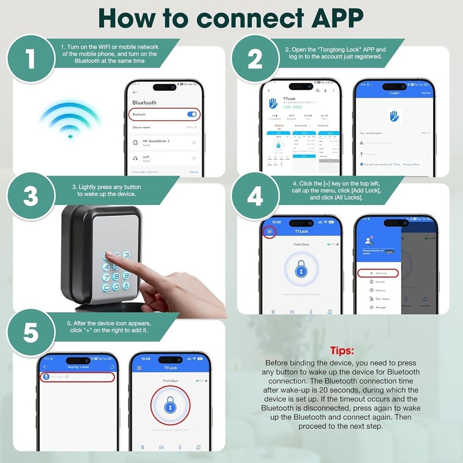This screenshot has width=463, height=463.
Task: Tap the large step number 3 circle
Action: [x=30, y=196]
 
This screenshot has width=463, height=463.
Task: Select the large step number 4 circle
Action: [x=255, y=196]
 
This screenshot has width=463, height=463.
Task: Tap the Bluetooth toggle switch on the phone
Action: [x=191, y=114]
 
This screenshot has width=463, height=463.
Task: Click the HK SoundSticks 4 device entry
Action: [x=164, y=143]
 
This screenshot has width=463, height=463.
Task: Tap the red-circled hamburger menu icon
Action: [x=269, y=231]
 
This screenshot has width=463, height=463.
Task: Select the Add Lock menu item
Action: [x=378, y=273]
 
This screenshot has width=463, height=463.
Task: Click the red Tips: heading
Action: [x=343, y=350]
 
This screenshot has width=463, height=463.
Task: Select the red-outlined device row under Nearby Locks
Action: [x=77, y=377]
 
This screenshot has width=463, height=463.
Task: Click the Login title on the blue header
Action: [x=394, y=93]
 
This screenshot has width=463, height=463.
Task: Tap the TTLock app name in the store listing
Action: [x=289, y=99]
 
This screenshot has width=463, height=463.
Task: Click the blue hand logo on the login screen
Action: [x=394, y=116]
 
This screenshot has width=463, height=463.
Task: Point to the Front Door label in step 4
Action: [x=301, y=244]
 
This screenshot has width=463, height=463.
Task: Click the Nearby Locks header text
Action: [x=78, y=367]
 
